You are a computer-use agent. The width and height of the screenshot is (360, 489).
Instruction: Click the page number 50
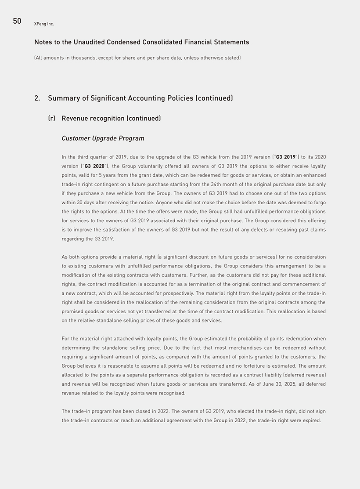click(x=17, y=21)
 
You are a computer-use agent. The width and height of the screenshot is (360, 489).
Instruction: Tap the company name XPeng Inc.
click(x=44, y=24)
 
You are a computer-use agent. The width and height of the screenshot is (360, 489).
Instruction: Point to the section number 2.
click(x=37, y=98)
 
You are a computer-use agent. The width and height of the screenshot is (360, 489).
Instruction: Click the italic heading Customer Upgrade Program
click(x=103, y=138)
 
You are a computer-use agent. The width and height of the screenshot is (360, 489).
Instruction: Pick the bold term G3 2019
click(x=285, y=157)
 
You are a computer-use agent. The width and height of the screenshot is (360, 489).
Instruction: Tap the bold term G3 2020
click(x=94, y=166)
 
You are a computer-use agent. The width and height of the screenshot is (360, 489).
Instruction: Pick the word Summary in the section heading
click(x=63, y=98)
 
